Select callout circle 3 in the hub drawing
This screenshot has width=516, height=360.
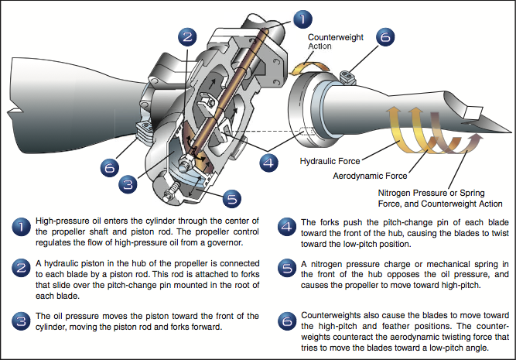[129, 183]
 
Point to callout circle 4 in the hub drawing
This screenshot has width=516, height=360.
[268, 161]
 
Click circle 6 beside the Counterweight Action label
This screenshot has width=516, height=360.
[386, 37]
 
